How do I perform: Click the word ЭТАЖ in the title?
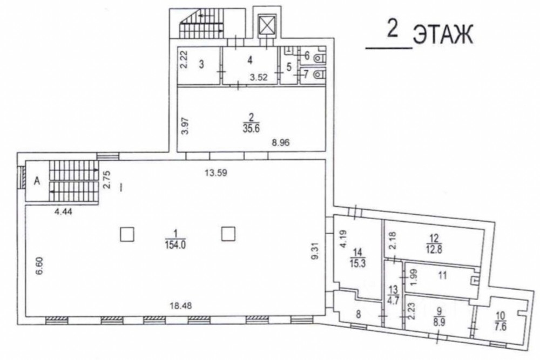pos(443,35)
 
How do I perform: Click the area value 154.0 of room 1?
pos(175,244)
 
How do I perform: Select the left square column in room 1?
pos(127,234)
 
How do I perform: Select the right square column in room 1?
pos(228,234)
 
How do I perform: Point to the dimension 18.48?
pos(181,305)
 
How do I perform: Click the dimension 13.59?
pos(216,172)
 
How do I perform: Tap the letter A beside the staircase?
pos(37,181)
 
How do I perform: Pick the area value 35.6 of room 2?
pos(251,128)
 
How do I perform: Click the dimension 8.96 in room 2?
pos(281,142)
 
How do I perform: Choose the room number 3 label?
pos(201,64)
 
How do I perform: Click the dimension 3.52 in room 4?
pos(259,77)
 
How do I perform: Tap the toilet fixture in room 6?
pos(320,58)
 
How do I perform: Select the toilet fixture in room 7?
pos(320,74)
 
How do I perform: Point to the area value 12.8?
pos(434,249)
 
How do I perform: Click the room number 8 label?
pos(359,315)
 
